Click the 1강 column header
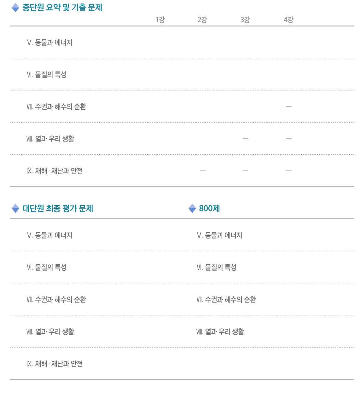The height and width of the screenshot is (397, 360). point(160,20)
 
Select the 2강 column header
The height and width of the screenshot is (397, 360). point(202,20)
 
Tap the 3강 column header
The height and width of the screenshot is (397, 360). point(245,20)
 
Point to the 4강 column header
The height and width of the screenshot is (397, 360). point(288,20)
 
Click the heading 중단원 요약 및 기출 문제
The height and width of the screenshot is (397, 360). point(62,8)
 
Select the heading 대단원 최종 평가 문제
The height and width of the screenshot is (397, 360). point(58,208)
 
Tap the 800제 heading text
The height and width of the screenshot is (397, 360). point(209,208)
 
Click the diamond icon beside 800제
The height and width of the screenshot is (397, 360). point(192,208)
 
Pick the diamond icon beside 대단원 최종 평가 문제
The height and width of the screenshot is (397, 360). point(15,208)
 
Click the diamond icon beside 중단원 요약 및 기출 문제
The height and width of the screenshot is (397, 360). point(15,8)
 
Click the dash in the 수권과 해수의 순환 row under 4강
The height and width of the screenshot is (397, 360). point(289,106)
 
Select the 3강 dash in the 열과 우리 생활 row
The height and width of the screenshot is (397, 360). point(245,139)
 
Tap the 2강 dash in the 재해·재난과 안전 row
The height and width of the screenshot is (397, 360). point(203,170)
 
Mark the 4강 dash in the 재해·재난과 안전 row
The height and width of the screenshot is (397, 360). point(289,170)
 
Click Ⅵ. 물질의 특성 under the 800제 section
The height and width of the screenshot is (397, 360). point(217,268)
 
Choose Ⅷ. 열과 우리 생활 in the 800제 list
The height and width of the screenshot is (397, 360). point(220,331)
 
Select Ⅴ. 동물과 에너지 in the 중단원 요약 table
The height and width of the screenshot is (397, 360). point(49,42)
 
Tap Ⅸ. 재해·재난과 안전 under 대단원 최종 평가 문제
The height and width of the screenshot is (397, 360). point(55,364)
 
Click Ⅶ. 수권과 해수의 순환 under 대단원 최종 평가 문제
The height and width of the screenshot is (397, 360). point(56,299)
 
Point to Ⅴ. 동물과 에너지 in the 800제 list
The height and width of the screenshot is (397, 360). point(219,235)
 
